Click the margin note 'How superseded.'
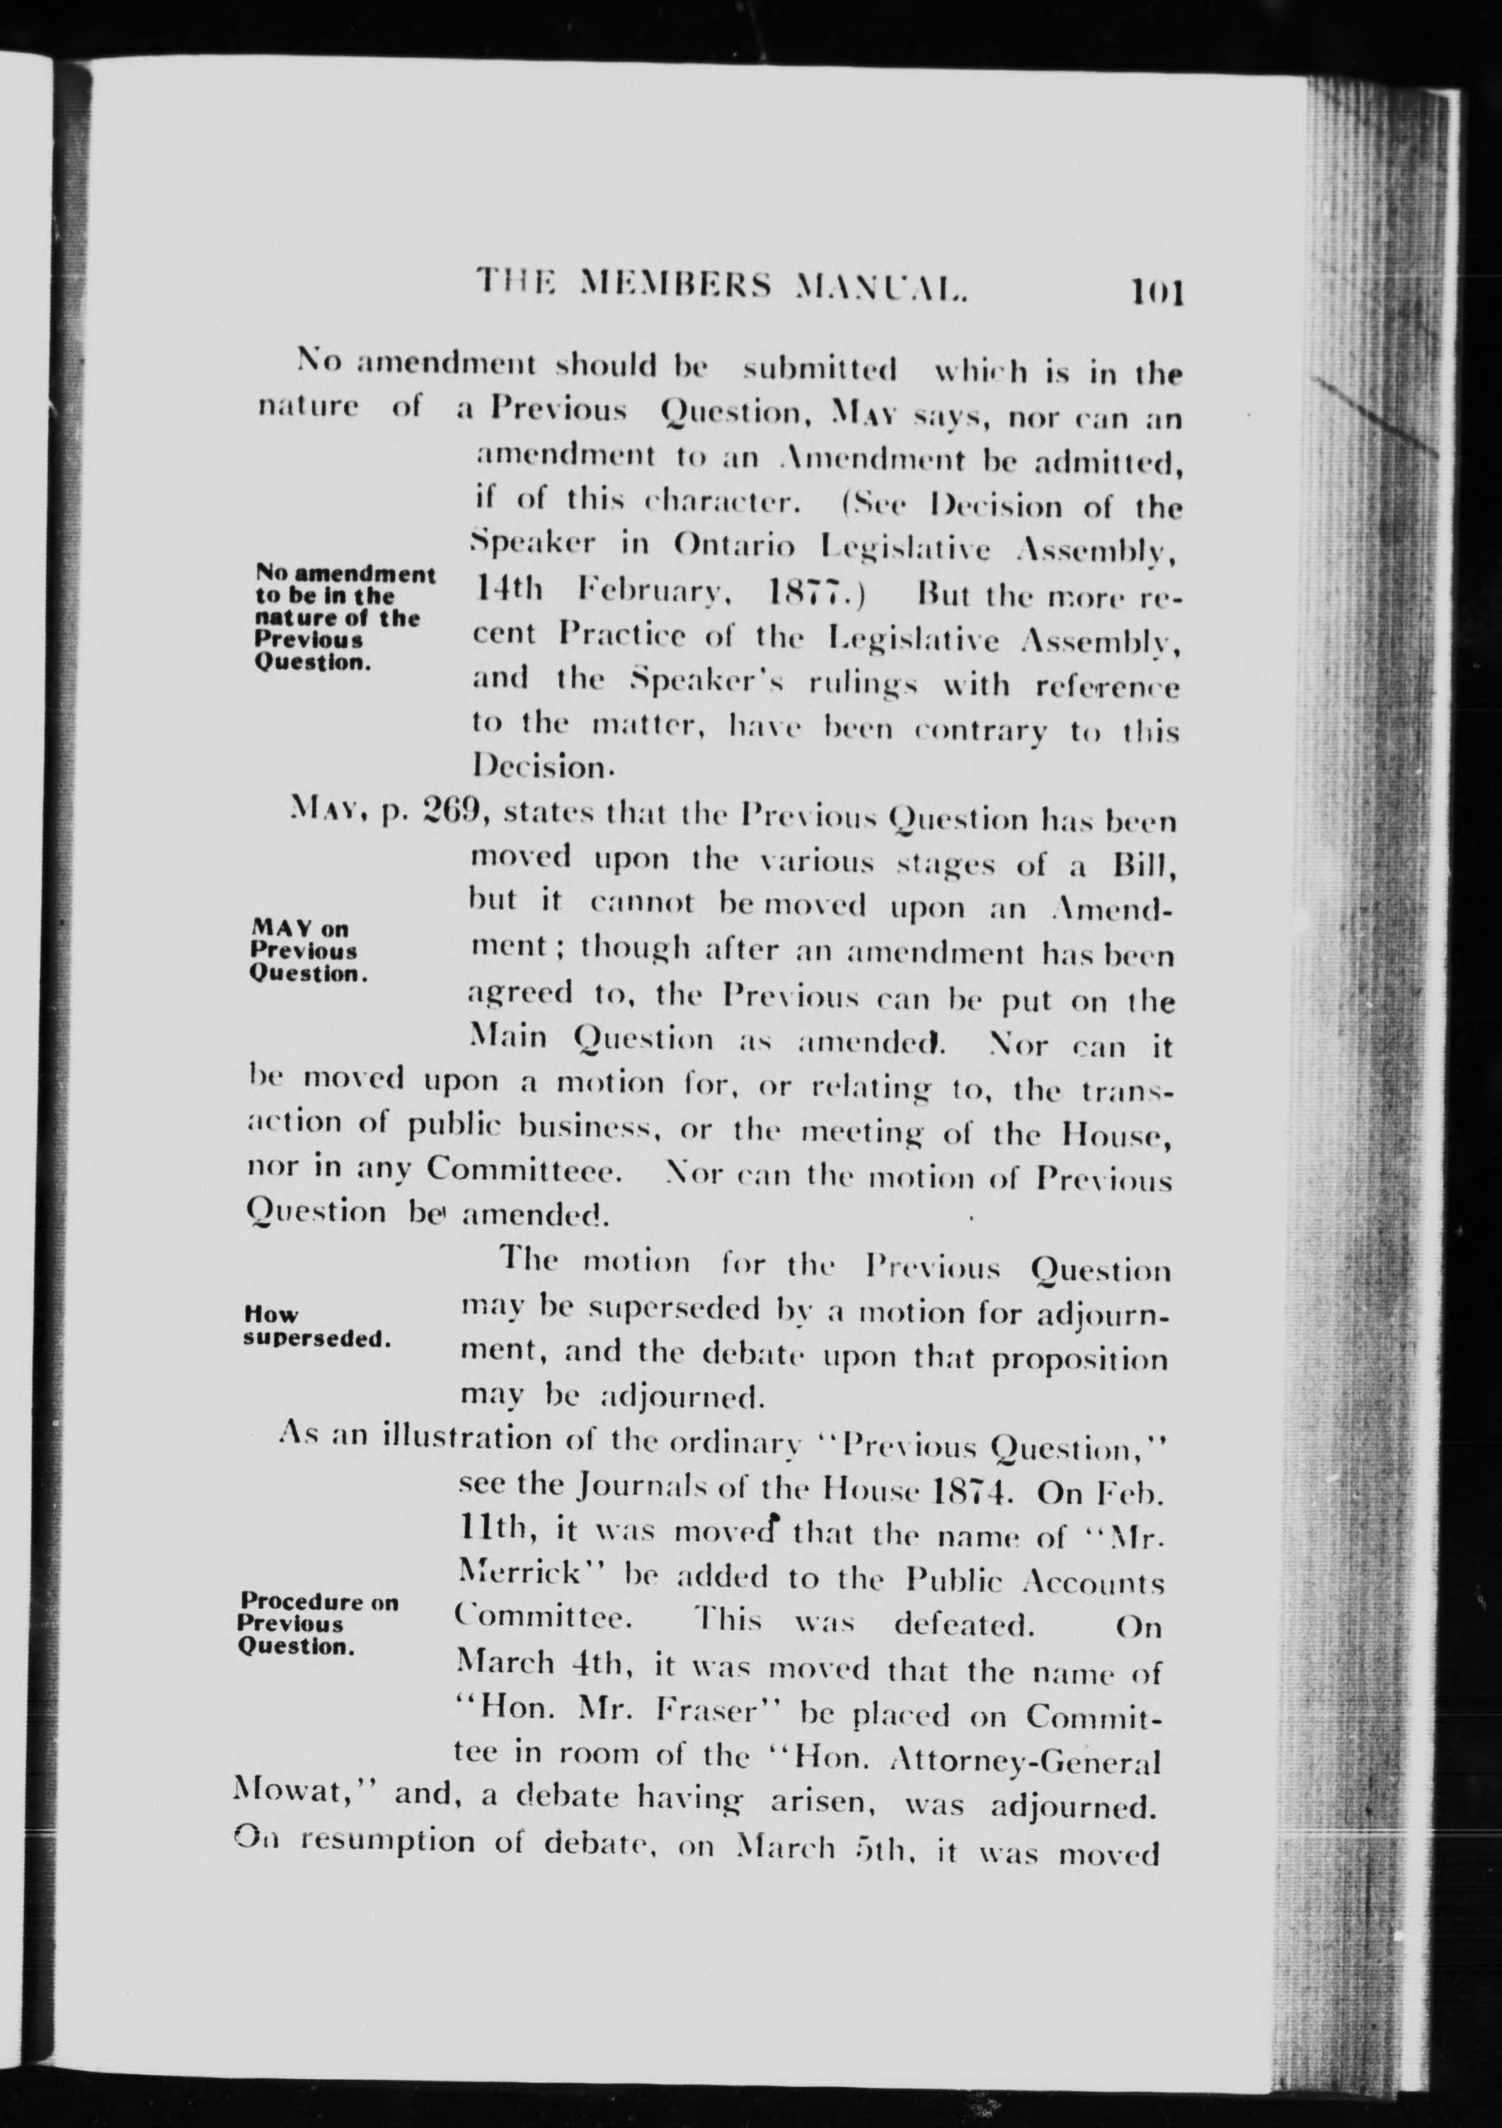pyautogui.click(x=313, y=1326)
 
